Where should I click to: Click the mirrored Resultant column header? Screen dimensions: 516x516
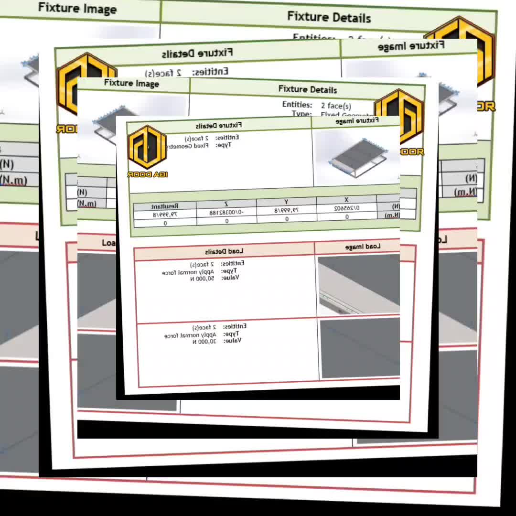click(x=165, y=207)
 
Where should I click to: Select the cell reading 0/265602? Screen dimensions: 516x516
click(x=347, y=208)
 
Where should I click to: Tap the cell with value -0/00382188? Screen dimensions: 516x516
click(x=226, y=212)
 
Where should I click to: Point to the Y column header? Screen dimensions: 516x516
click(x=286, y=203)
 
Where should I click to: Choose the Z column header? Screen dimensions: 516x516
click(x=226, y=204)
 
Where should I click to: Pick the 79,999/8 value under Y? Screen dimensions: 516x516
click(x=286, y=210)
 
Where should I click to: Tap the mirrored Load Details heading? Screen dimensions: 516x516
click(x=224, y=251)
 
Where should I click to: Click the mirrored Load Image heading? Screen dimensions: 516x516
click(x=363, y=247)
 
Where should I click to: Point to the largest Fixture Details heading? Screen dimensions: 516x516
click(x=329, y=17)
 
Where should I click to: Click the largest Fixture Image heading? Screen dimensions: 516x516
click(x=77, y=8)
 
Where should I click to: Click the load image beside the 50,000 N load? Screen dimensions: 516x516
click(x=358, y=285)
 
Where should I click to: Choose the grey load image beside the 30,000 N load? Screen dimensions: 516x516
click(x=360, y=348)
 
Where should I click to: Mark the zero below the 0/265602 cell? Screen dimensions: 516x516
click(x=347, y=216)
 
